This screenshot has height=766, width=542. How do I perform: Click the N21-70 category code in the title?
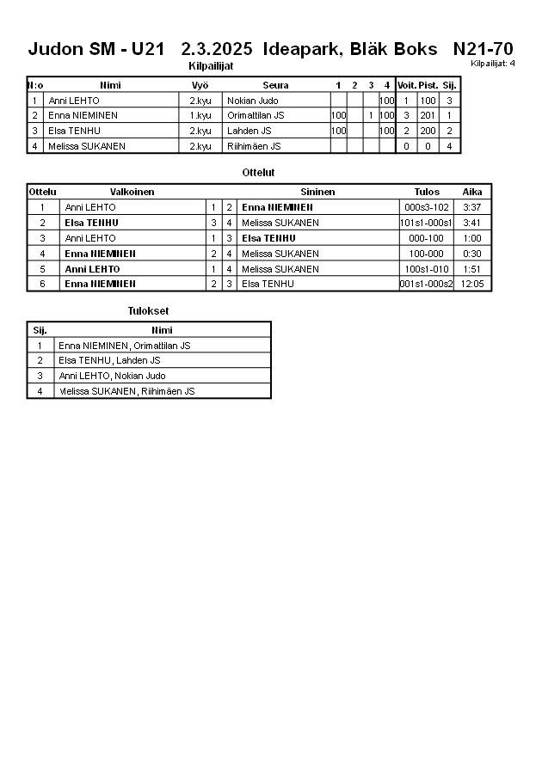[x=483, y=49]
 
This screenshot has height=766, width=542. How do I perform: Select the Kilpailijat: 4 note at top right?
[x=493, y=64]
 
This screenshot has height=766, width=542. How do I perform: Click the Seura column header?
[x=275, y=85]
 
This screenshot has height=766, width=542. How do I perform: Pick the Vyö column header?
[x=200, y=85]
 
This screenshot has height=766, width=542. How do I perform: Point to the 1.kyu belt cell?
[x=200, y=115]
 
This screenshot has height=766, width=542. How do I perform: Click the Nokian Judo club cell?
[x=252, y=101]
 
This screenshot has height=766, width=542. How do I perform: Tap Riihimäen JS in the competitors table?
[x=254, y=146]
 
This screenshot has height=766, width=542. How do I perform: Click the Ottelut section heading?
[x=258, y=173]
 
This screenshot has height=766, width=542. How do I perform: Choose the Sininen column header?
[x=317, y=192]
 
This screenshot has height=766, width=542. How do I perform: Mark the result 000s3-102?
[x=427, y=207]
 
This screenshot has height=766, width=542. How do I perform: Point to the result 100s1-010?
[x=427, y=269]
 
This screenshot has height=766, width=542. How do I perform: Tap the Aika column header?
[x=472, y=192]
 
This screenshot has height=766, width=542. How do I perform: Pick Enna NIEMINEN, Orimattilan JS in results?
[x=125, y=346]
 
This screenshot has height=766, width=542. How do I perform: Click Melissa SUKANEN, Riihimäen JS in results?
[x=126, y=391]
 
